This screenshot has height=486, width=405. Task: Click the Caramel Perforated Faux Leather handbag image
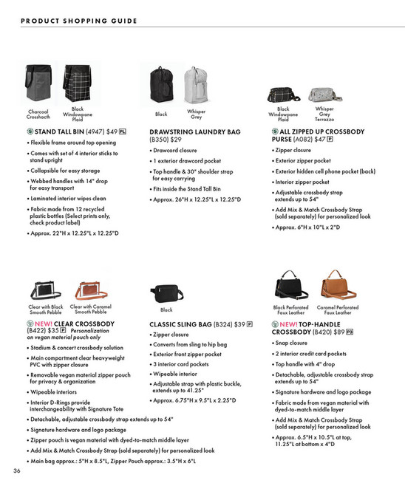click(338, 285)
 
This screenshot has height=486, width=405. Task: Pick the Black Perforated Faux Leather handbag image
click(292, 285)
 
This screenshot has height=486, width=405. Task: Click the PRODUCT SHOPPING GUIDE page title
click(79, 21)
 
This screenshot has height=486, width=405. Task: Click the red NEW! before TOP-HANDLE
click(289, 324)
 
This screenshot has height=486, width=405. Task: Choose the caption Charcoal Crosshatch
click(38, 114)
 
